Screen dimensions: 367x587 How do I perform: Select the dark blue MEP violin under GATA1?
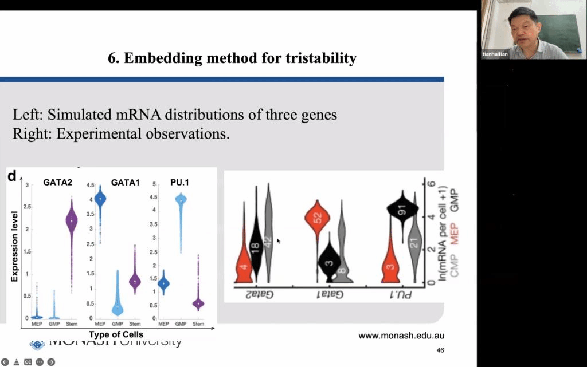[x=100, y=200]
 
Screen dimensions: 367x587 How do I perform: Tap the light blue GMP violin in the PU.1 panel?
[x=181, y=206]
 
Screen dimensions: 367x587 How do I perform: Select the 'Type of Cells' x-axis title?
[x=116, y=334]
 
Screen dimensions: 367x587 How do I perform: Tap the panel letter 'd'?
[x=11, y=177]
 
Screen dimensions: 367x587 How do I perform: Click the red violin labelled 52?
[x=317, y=220]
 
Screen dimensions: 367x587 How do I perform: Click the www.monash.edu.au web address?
[x=401, y=336]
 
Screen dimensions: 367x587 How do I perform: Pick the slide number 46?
[x=440, y=350]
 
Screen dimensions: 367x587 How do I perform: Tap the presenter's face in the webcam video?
[x=522, y=28]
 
